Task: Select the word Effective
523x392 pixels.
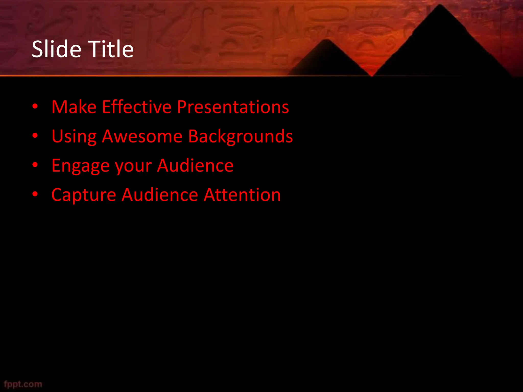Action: tap(137, 107)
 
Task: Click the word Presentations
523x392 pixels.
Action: tap(233, 107)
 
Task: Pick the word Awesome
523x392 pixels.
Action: tap(142, 136)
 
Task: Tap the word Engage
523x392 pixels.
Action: tap(80, 166)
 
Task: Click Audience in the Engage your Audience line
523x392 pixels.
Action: tap(195, 165)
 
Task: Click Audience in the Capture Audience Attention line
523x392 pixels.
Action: tap(160, 195)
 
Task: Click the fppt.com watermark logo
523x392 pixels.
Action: tap(23, 384)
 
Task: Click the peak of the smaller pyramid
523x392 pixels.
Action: tap(325, 40)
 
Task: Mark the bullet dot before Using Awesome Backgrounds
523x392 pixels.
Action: tap(35, 136)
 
